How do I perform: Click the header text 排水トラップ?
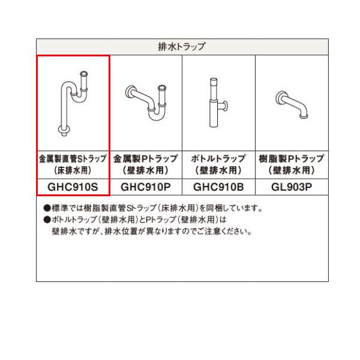point(182,46)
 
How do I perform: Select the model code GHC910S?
point(73,187)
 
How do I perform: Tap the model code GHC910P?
point(146,187)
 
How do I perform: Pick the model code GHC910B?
point(218,187)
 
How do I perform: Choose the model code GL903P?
point(292,187)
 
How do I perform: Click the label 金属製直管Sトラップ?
point(73,158)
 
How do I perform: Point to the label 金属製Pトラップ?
point(146,158)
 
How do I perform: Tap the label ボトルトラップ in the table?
point(218,158)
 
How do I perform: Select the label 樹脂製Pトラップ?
point(292,158)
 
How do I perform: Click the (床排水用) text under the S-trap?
point(73,170)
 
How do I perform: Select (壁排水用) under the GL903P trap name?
point(292,170)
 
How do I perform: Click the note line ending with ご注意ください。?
point(151,230)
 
